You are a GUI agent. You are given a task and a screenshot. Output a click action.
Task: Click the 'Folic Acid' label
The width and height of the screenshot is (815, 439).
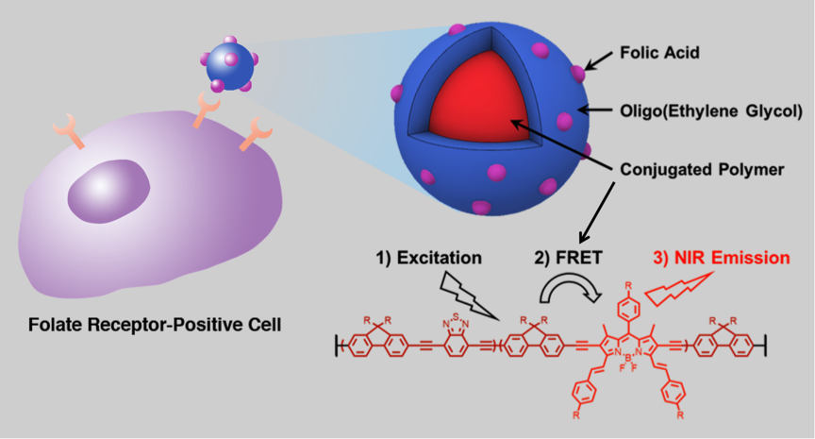[659, 53]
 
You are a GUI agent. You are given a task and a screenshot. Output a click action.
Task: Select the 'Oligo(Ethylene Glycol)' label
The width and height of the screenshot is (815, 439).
[711, 110]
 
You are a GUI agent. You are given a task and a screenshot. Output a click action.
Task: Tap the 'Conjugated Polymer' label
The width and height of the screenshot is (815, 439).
[702, 169]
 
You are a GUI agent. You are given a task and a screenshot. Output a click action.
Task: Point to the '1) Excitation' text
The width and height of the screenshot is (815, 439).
[429, 258]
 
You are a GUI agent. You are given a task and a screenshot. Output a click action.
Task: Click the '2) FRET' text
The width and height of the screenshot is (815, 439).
[568, 258]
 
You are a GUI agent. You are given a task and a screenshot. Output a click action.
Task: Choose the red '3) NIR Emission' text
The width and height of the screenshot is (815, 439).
[722, 258]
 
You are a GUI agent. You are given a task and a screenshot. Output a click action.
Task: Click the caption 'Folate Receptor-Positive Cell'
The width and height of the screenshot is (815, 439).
[155, 325]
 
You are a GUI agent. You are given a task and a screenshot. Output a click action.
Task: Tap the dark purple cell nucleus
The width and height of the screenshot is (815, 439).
[108, 191]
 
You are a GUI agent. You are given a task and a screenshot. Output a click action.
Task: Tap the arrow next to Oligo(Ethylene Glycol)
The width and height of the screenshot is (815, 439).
[595, 110]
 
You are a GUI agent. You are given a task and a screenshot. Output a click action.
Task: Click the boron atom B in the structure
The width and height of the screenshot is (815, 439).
[627, 358]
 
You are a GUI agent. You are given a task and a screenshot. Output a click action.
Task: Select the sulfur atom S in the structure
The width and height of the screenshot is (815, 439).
[456, 316]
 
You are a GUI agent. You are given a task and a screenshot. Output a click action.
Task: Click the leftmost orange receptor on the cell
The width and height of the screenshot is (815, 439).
[69, 130]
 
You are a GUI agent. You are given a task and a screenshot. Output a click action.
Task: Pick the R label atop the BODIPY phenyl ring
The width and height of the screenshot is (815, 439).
[628, 285]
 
